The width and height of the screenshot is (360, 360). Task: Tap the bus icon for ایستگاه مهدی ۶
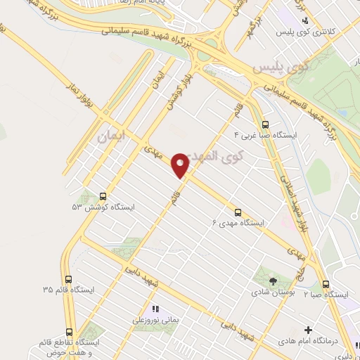237,211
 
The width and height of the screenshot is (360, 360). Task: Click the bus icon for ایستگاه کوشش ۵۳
104,197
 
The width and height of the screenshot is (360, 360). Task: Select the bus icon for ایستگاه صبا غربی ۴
264,124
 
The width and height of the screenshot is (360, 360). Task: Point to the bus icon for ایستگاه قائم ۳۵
67,279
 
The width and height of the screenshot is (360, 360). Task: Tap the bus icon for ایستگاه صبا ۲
326,284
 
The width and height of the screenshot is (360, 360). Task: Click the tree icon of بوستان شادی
273,280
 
